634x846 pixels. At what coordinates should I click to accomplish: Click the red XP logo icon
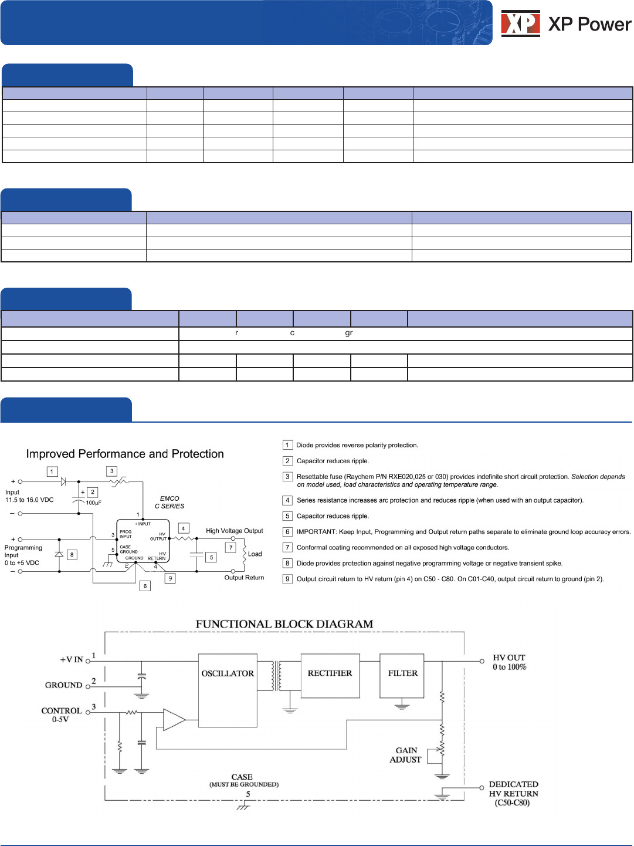pos(520,23)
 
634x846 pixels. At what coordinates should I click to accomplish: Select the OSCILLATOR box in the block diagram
pos(228,690)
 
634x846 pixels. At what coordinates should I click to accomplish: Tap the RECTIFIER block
pos(330,676)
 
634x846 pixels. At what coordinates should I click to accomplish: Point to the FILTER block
pos(402,676)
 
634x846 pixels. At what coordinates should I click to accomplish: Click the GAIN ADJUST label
pos(406,755)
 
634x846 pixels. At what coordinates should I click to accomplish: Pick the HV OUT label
pos(509,662)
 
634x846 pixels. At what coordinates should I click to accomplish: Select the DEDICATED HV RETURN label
pos(513,793)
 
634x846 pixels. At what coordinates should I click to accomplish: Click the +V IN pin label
pos(72,660)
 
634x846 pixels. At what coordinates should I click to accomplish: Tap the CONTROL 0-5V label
pos(62,714)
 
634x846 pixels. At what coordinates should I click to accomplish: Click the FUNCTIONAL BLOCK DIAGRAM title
pos(284,624)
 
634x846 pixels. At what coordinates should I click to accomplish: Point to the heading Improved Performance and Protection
pos(125,454)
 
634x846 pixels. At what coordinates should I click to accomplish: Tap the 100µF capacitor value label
pos(94,503)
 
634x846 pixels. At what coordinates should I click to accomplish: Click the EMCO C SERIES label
pos(169,502)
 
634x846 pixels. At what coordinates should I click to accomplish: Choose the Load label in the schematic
pos(255,554)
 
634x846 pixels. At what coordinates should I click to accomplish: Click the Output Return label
pos(244,578)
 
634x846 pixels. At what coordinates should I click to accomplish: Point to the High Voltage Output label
pos(235,531)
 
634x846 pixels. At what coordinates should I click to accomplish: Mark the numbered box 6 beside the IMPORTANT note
pos(287,532)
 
